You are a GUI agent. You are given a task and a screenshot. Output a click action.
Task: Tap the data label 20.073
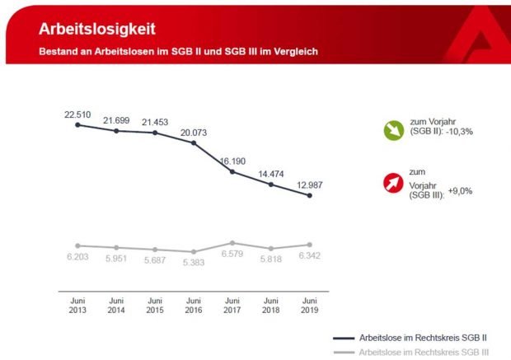pyautogui.click(x=194, y=131)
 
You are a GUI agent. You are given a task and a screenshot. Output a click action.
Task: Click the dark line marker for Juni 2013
pyautogui.click(x=77, y=124)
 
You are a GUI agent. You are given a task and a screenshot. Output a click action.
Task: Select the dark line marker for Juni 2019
pyautogui.click(x=309, y=196)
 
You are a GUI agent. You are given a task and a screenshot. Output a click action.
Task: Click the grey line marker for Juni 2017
pyautogui.click(x=232, y=243)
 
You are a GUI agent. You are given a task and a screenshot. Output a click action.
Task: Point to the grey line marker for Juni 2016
pyautogui.click(x=194, y=251)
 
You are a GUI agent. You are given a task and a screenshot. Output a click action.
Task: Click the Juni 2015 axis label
pyautogui.click(x=155, y=305)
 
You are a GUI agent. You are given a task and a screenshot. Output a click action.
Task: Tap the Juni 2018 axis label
pyautogui.click(x=271, y=305)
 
